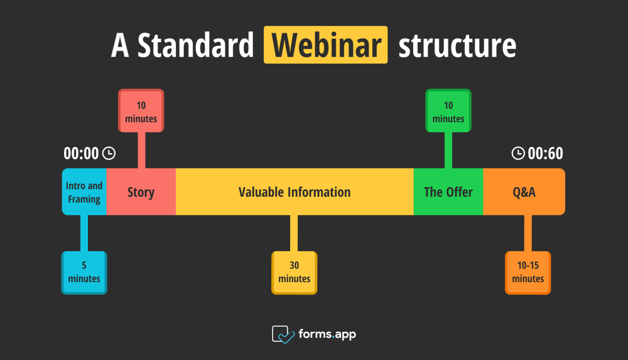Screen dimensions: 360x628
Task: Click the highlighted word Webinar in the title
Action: (x=326, y=45)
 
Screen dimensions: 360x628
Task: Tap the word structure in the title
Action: (x=457, y=45)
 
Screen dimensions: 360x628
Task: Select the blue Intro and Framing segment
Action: (x=84, y=192)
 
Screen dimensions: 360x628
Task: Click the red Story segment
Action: (x=141, y=192)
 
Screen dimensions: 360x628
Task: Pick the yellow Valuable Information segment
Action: (x=295, y=192)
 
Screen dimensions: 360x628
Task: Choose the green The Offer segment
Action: (x=448, y=192)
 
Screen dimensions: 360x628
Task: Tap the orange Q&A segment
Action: (x=524, y=192)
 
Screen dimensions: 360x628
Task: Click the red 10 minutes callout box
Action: (x=141, y=111)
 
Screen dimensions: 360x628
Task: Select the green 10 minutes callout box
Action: (x=448, y=111)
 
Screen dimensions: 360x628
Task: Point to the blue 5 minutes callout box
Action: (x=84, y=273)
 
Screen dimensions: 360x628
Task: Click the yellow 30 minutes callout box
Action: (x=295, y=273)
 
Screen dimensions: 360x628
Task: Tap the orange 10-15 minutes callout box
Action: (x=528, y=273)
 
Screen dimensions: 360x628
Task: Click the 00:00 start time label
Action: (x=82, y=153)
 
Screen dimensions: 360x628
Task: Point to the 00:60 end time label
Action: (x=545, y=153)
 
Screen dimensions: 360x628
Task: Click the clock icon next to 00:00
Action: (x=109, y=153)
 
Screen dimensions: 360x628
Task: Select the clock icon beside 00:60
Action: (x=518, y=153)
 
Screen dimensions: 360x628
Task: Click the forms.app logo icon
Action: (x=283, y=334)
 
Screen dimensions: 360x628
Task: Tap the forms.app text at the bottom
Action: (x=327, y=334)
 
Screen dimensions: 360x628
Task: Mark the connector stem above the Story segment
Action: (x=141, y=150)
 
